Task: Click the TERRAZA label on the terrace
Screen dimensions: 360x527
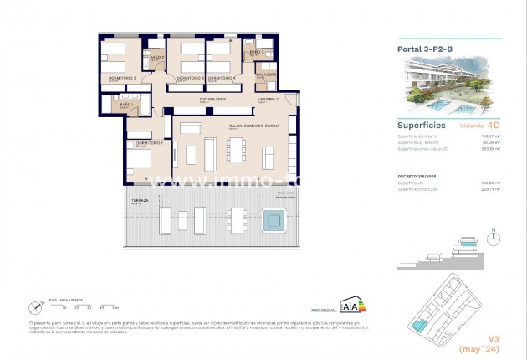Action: [140, 201]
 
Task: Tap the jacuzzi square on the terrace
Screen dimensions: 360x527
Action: [273, 221]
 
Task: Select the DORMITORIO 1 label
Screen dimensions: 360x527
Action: [140, 143]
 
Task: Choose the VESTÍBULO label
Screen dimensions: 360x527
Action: [268, 99]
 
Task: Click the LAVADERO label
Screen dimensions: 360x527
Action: [266, 75]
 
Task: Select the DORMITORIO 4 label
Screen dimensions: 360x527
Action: [223, 78]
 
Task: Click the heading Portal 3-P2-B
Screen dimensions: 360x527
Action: [426, 49]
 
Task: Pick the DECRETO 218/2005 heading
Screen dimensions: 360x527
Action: [416, 177]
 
